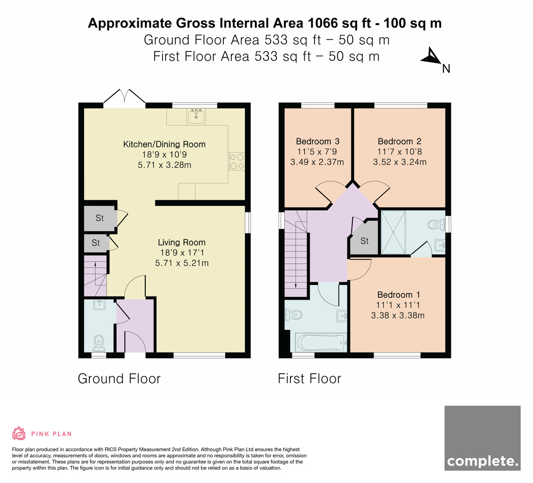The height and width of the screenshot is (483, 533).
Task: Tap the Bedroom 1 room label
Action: pos(398,295)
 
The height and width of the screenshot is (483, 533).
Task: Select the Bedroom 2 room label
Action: pos(399,141)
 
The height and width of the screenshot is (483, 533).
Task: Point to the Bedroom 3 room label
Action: pos(318,141)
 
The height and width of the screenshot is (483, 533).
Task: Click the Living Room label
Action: pos(182,242)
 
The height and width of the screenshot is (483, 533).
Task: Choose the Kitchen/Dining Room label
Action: pos(164,144)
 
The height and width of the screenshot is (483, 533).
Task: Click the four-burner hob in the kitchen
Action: pos(237,162)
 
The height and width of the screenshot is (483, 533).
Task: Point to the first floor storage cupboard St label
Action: pos(364,241)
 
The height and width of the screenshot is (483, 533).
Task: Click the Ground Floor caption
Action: pos(119,378)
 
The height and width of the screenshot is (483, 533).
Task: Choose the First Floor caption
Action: pos(309,378)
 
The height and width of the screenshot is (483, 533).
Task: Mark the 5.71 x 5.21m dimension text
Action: pos(182,263)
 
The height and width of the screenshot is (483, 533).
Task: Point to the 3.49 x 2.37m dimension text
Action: pos(317,162)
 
